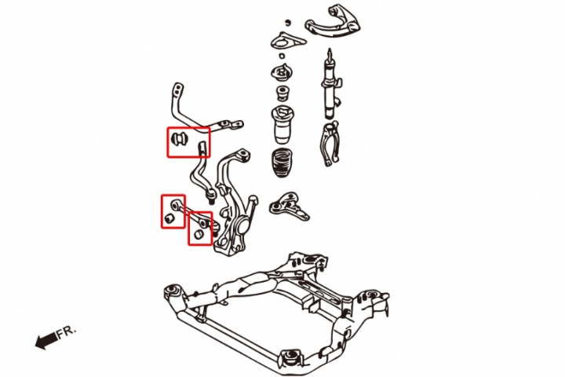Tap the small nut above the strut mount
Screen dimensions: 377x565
pyautogui.click(x=287, y=20)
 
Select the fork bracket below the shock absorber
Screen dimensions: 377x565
pyautogui.click(x=329, y=144)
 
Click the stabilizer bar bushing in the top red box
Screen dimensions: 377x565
pyautogui.click(x=178, y=140)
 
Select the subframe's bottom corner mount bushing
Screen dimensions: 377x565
pyautogui.click(x=292, y=357)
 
